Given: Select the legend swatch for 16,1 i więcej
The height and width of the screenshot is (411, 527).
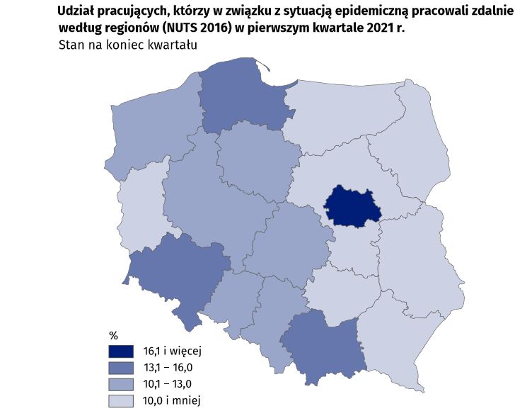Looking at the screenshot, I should pos(121,351).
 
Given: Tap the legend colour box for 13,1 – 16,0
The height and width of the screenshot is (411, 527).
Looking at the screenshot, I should pos(121,368).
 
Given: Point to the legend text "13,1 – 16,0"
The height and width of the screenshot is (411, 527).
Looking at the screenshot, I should pos(168,368).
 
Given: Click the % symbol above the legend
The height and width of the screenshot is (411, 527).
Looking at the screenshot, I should pos(114,334).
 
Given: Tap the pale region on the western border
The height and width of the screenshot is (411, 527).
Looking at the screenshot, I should pos(141,205).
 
